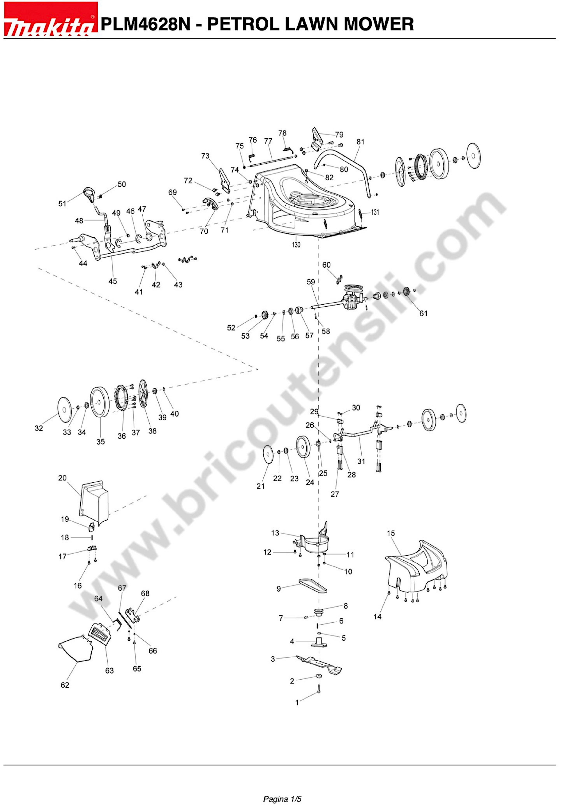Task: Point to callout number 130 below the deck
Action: [296, 244]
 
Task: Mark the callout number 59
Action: [311, 281]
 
